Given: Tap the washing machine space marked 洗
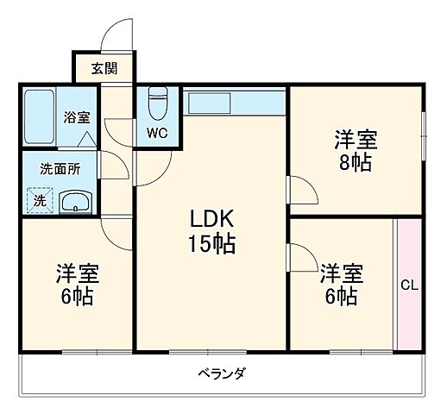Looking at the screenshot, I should tap(39, 201).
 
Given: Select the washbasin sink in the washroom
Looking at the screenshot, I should tap(76, 202).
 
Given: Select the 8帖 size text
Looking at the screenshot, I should tap(355, 162).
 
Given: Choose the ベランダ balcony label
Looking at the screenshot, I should tap(222, 373).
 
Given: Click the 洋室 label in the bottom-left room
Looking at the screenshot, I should tap(79, 275).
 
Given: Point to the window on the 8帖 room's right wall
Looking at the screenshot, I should tap(423, 134).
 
